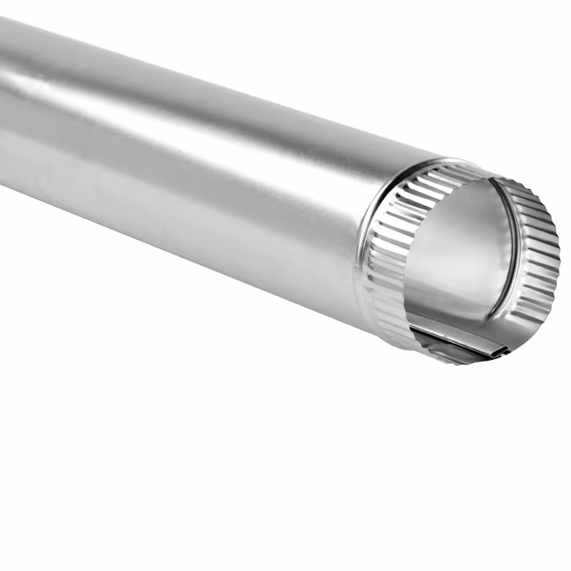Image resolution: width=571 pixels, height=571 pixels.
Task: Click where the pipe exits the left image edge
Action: click(4, 97)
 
